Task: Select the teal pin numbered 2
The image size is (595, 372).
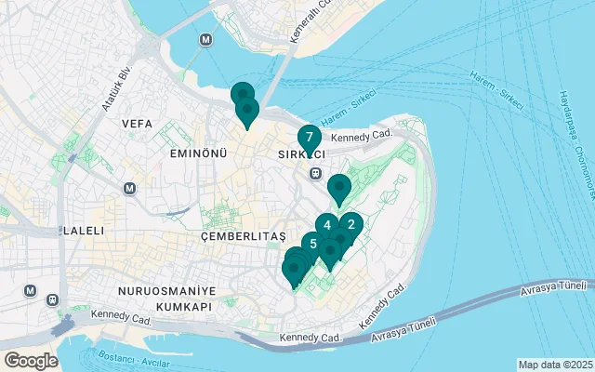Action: click(350, 224)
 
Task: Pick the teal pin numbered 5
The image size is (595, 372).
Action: click(313, 245)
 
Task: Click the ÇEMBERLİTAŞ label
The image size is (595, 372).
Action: click(243, 237)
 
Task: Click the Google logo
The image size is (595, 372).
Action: click(31, 360)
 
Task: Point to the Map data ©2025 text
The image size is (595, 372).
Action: click(554, 365)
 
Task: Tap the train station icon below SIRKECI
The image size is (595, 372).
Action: click(315, 172)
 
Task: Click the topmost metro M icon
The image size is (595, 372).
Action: click(205, 41)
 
